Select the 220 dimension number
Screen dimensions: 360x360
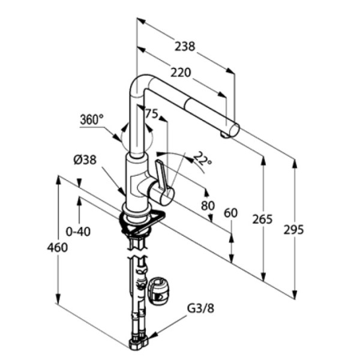[181, 73]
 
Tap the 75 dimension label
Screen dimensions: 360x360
[151, 114]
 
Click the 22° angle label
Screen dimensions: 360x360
[203, 160]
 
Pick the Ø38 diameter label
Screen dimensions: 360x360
[85, 160]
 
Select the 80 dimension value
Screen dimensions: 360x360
[208, 205]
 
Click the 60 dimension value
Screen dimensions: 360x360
[230, 213]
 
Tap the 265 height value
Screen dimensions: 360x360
[262, 219]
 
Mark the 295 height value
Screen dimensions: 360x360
[294, 229]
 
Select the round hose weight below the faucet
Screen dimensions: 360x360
[159, 291]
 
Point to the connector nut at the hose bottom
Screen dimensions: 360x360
[137, 344]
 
